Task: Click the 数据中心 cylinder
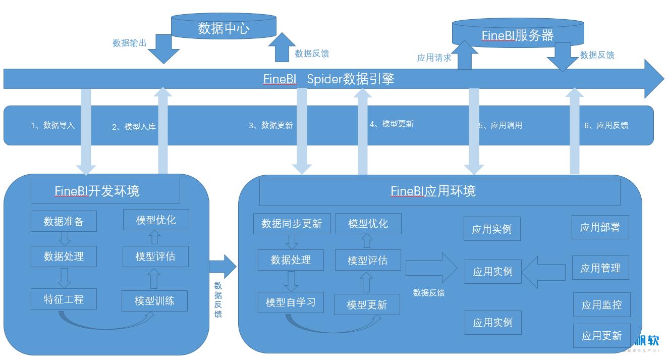224,28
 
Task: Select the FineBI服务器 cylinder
518,35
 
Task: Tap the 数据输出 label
130,43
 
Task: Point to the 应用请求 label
434,58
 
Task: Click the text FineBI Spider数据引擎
328,79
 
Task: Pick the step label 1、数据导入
52,125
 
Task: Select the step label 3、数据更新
270,125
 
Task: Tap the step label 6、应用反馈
606,125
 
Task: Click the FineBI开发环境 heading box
105,190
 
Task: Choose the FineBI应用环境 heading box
439,191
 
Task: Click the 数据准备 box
64,221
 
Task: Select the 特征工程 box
64,299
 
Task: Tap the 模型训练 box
154,301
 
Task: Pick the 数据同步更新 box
292,224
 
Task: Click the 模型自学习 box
291,302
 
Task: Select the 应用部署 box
600,227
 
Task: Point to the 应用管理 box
600,268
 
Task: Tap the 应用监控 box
601,305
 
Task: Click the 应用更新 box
601,336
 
